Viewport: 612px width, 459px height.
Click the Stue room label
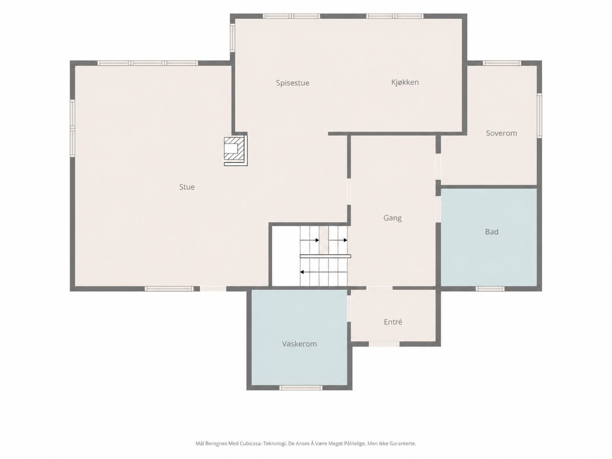tap(187, 187)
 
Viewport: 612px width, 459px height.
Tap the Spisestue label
tap(292, 83)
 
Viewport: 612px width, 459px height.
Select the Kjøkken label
tap(405, 82)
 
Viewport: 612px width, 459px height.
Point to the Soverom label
tap(501, 133)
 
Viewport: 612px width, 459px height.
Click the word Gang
tap(392, 218)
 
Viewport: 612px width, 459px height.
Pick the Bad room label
tap(492, 232)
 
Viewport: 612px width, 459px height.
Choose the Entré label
tap(393, 322)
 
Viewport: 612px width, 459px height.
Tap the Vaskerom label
tap(299, 344)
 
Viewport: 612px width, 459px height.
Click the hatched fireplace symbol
tap(235, 151)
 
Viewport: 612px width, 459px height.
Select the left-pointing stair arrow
tap(324, 272)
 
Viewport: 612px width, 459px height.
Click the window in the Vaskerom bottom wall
tap(301, 388)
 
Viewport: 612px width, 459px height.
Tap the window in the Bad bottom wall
tap(490, 289)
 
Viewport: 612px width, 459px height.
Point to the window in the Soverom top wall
tap(502, 63)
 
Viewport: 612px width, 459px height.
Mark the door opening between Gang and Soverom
tap(438, 167)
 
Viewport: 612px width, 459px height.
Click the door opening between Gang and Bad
tap(438, 209)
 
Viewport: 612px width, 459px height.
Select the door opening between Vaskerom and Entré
tap(349, 309)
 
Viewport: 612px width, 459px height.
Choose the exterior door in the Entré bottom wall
tap(384, 344)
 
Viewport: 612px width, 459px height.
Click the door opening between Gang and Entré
tap(379, 288)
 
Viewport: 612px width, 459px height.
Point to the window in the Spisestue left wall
tap(232, 38)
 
